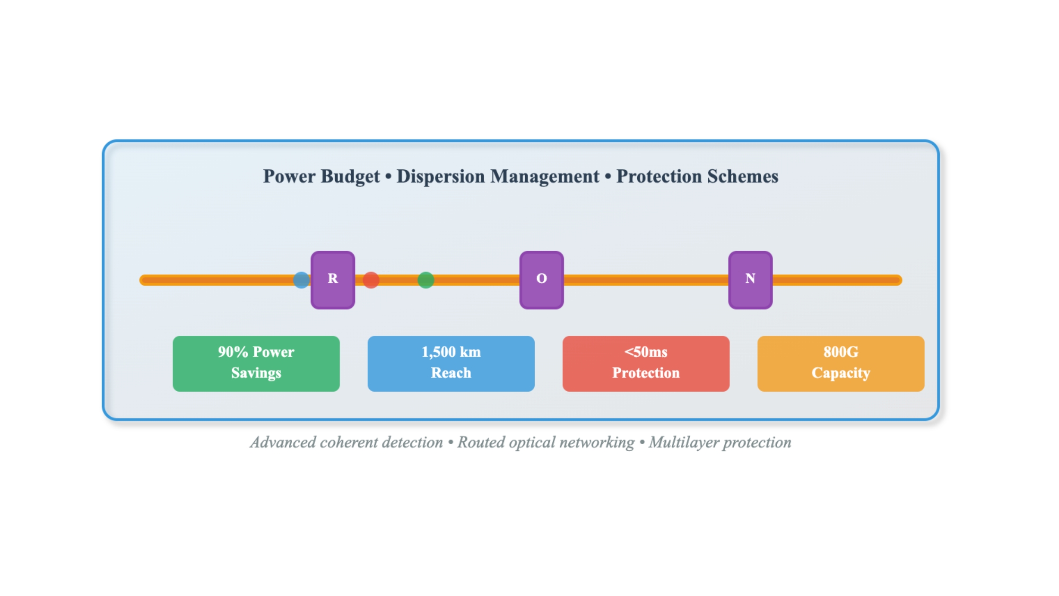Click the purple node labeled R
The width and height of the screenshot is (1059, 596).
[333, 280]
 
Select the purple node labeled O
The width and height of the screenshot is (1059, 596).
[542, 280]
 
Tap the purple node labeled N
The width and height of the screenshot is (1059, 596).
[750, 280]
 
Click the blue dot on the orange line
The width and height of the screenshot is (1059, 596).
[301, 280]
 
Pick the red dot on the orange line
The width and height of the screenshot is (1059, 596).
[371, 280]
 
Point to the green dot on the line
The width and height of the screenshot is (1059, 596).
[425, 280]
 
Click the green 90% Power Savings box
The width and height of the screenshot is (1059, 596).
[256, 364]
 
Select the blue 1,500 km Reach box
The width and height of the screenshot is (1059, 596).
[451, 364]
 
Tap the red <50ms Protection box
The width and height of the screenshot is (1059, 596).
[646, 364]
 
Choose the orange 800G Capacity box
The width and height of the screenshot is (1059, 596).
[841, 364]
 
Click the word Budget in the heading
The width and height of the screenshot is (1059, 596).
[350, 177]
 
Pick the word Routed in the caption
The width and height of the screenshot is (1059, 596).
[480, 442]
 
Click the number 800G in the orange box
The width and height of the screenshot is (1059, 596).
[841, 352]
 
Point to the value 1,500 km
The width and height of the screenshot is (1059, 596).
[451, 352]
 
